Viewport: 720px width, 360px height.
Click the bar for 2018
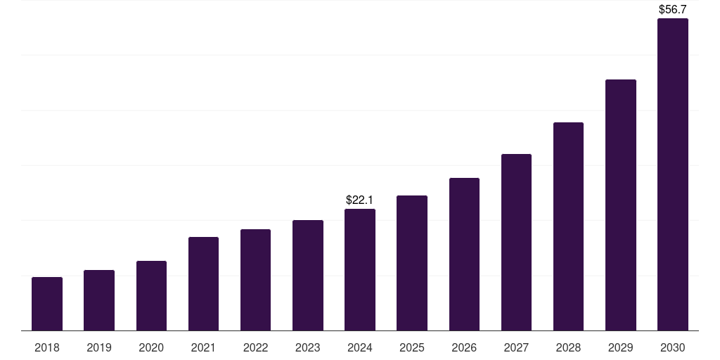(47, 304)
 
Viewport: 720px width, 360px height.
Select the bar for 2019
(99, 300)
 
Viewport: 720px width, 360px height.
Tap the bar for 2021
(203, 284)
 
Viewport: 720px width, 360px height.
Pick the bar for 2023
(308, 276)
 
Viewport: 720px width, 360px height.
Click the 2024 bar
(360, 270)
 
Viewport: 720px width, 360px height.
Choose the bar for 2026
(464, 255)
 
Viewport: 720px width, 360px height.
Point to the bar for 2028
(568, 226)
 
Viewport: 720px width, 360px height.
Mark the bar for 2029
(620, 205)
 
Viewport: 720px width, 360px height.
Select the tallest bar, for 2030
(672, 174)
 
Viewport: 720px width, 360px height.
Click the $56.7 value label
(672, 10)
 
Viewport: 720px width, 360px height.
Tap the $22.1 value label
(360, 200)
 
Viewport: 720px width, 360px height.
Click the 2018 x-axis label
(47, 347)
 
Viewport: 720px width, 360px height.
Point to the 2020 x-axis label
(151, 347)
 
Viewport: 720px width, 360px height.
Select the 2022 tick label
(255, 347)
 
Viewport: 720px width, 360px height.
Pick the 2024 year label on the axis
(360, 347)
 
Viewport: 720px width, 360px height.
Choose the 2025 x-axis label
(412, 347)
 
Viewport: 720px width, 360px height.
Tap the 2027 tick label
(516, 347)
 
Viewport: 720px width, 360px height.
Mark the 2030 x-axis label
(672, 347)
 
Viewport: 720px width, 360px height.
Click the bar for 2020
(151, 296)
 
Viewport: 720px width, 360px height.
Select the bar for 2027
(516, 243)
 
